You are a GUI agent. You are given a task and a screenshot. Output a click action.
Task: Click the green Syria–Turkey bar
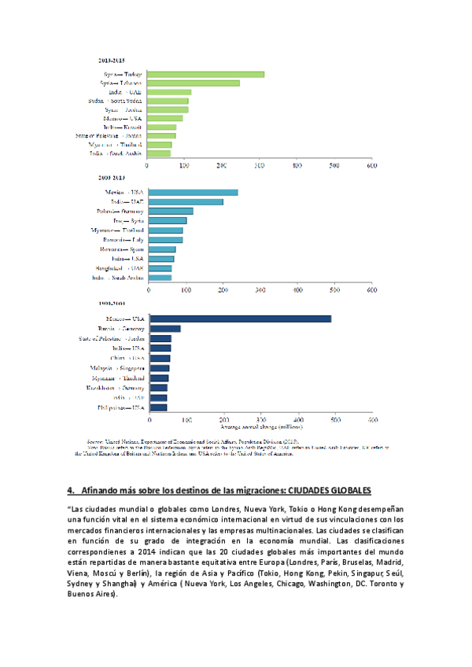(x=206, y=75)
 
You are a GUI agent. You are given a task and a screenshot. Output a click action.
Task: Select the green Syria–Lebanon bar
(x=194, y=83)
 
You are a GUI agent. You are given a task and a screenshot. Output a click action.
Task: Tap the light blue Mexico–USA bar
(x=193, y=193)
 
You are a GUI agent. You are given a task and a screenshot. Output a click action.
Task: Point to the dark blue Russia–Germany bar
(x=165, y=328)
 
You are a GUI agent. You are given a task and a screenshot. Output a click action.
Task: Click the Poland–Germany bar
(x=171, y=212)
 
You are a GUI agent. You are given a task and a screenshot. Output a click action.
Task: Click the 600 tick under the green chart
(x=372, y=166)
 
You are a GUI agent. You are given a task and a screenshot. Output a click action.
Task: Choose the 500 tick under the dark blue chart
(x=335, y=420)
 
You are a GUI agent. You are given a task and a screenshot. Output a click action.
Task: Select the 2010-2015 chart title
(x=112, y=60)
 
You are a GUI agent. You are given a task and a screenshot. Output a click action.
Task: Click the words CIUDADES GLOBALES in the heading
(x=325, y=490)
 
